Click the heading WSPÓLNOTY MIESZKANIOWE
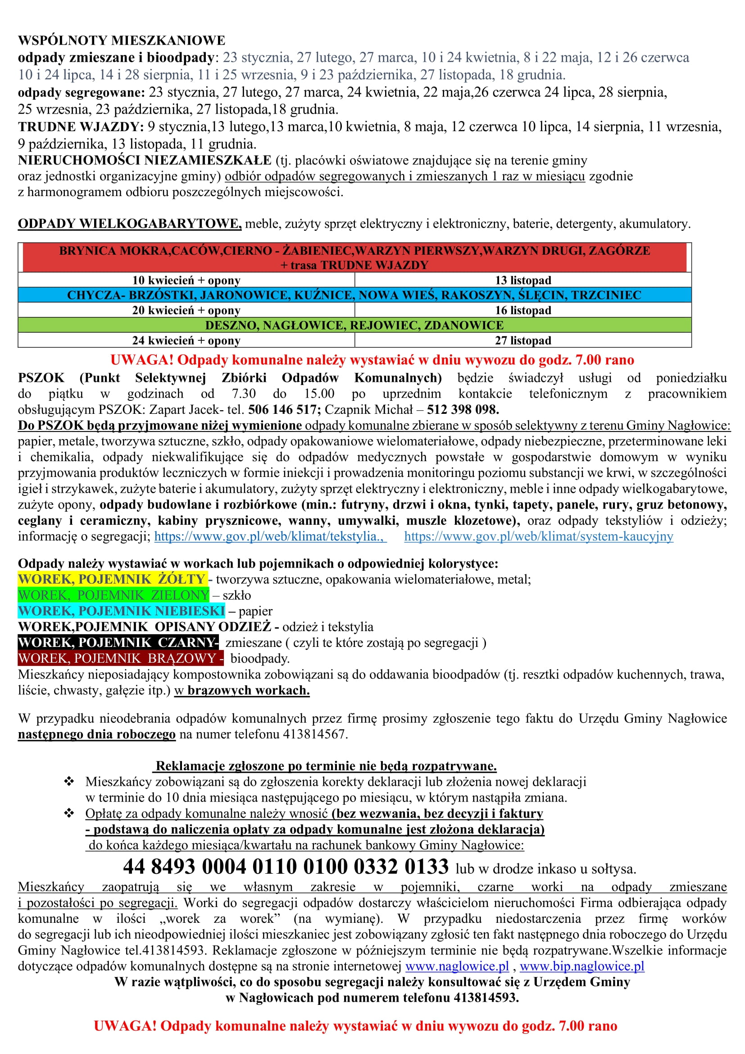tap(122, 41)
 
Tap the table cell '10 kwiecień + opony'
tap(186, 280)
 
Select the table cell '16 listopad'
tap(523, 310)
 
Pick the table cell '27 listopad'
tap(523, 341)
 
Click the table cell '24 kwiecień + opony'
tap(186, 341)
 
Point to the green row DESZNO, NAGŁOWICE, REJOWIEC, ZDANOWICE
tap(354, 325)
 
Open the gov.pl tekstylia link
tap(270, 536)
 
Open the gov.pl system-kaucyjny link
tap(539, 536)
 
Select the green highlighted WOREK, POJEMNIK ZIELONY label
tap(114, 596)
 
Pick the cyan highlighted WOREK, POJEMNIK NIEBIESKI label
tap(122, 611)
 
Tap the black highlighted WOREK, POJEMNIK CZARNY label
tap(118, 643)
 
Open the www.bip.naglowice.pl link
tap(581, 967)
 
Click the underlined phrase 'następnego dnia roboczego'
tap(97, 734)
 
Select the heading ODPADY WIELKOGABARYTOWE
tap(129, 224)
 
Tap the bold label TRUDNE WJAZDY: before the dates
tap(81, 127)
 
